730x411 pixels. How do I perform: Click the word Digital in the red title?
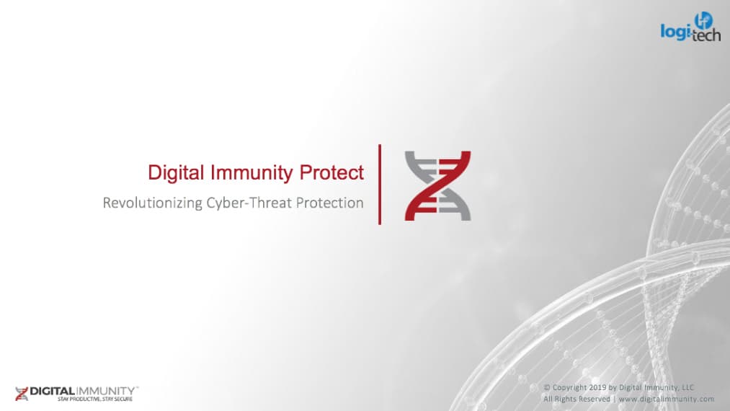tap(176, 173)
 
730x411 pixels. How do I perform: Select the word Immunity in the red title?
tap(252, 173)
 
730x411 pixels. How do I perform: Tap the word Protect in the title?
tap(331, 172)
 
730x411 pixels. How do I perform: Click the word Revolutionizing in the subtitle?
tap(152, 203)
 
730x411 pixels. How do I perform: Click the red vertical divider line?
tap(380, 185)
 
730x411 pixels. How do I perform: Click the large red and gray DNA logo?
tap(437, 185)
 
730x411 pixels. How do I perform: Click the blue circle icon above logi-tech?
tap(703, 21)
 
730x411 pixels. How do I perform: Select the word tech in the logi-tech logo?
tap(706, 35)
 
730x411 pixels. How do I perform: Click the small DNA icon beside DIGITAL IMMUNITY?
tap(22, 394)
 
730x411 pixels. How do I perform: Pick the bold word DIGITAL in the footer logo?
tap(52, 392)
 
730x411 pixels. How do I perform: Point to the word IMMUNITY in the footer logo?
tap(105, 392)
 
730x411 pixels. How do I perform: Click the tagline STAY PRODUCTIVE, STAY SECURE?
tap(95, 399)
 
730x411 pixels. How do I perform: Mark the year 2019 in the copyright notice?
tap(597, 388)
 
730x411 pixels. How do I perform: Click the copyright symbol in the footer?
tap(547, 388)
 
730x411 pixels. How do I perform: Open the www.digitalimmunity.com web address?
tap(666, 399)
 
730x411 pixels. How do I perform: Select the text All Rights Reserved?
tap(577, 399)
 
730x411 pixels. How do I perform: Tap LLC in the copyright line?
tap(687, 388)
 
